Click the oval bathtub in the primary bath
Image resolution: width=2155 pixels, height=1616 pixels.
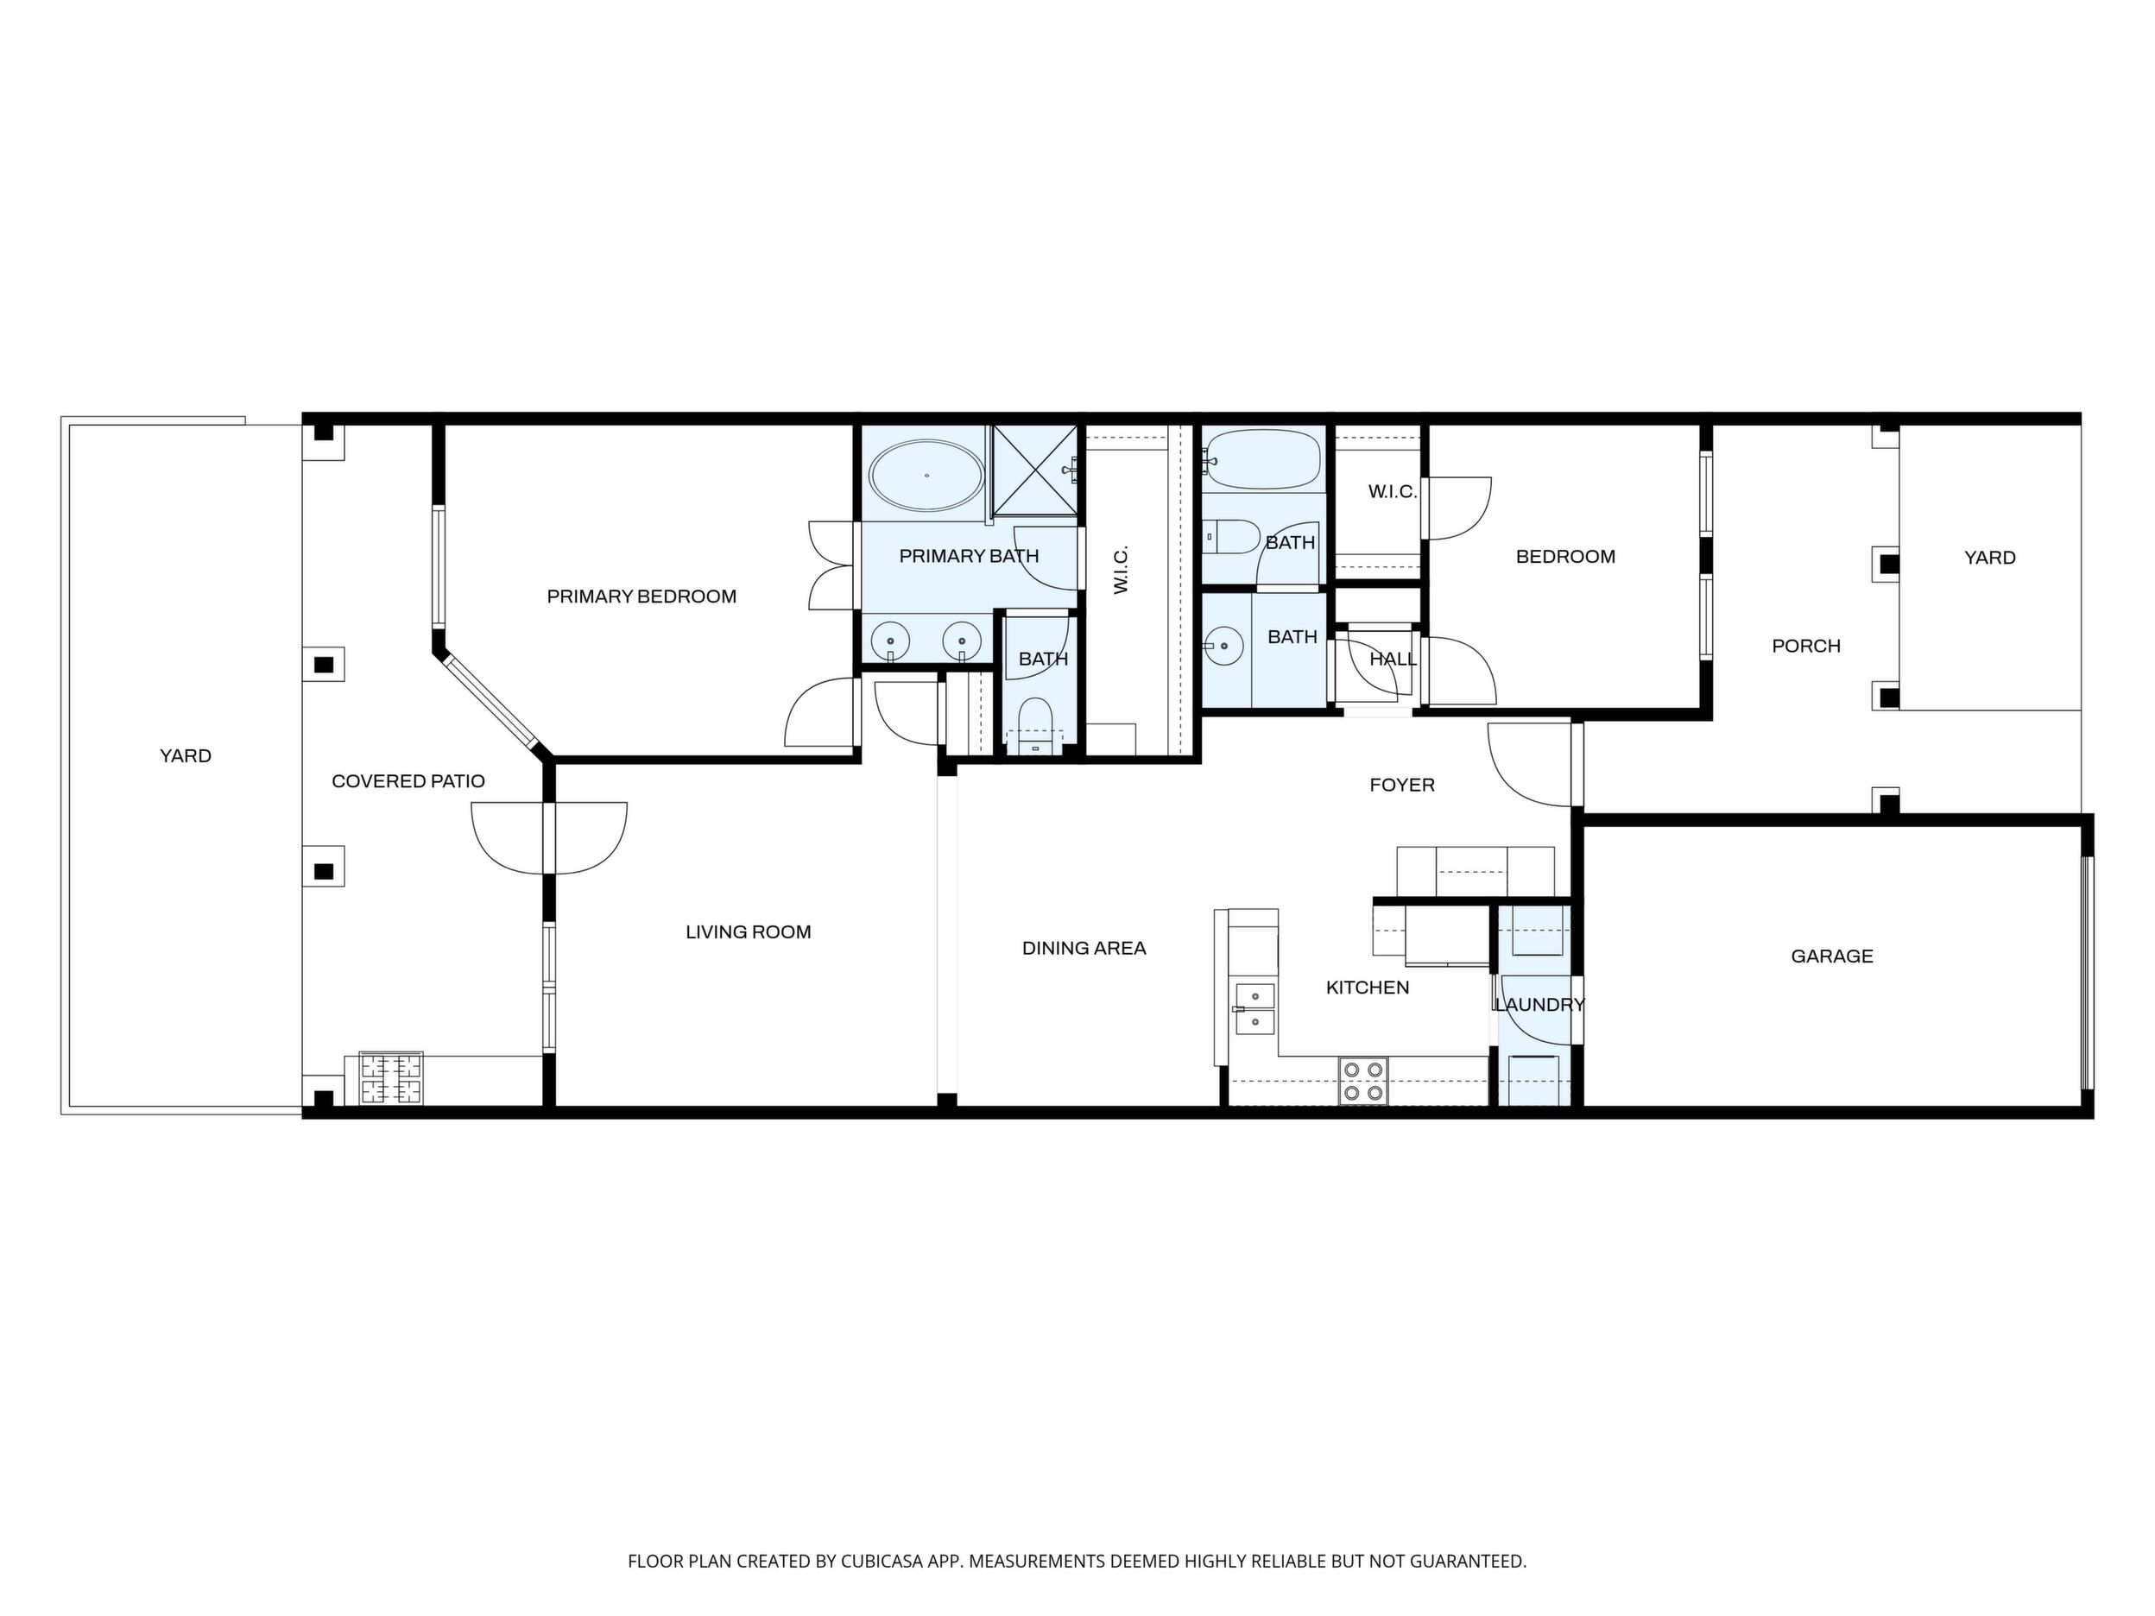tap(926, 477)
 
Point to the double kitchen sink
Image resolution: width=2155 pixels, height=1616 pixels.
tap(1254, 1008)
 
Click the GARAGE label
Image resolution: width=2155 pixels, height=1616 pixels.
tap(1831, 956)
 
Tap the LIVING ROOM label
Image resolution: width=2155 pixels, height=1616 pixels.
tap(749, 932)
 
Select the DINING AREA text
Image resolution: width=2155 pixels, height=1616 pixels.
tap(1084, 948)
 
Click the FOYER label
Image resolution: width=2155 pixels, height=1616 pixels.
tap(1402, 785)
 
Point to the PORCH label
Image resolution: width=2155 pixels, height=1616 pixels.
tap(1806, 646)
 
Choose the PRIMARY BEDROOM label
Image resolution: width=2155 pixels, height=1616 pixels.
tap(641, 597)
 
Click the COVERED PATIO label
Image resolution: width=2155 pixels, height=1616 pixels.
tap(408, 781)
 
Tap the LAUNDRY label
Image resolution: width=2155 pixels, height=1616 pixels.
tap(1539, 1004)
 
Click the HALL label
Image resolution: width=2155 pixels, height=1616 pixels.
tap(1393, 660)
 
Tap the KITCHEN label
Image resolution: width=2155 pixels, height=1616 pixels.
tap(1368, 988)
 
